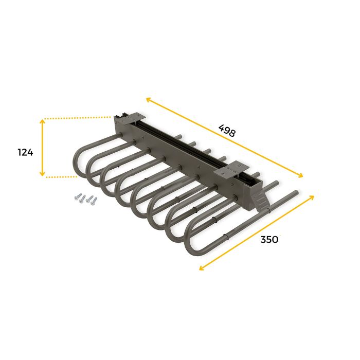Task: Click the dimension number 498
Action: coord(226,130)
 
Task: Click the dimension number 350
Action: coord(269,239)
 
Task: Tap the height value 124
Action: coord(25,152)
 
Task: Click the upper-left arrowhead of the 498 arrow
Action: coord(148,99)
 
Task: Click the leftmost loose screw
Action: coord(78,196)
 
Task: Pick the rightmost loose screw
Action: coord(93,201)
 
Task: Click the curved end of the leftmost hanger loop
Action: coord(78,161)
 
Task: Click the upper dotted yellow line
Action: coord(77,118)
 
